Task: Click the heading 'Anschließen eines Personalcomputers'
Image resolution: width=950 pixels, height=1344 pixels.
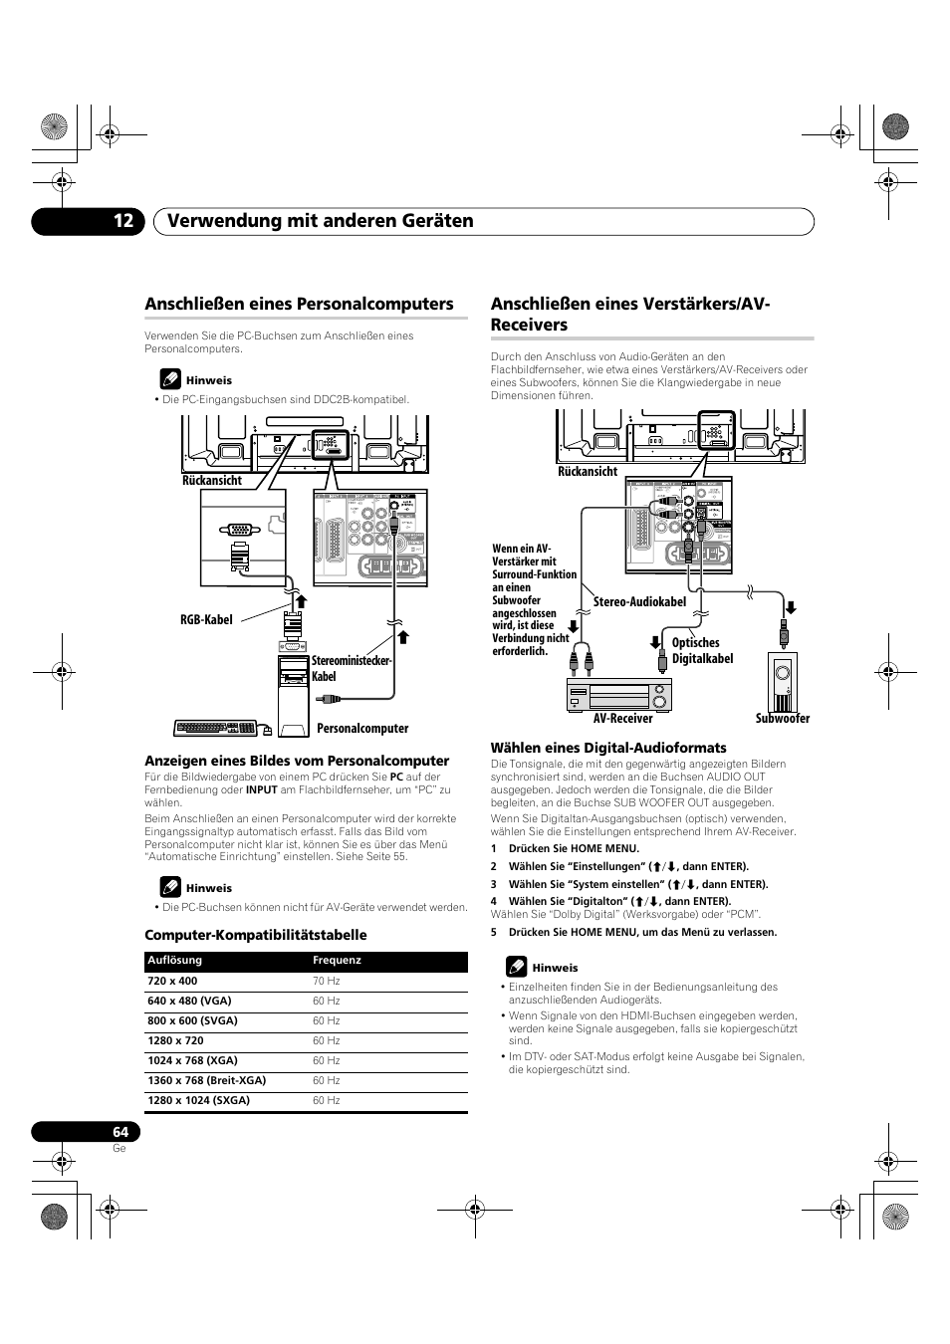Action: pos(299,304)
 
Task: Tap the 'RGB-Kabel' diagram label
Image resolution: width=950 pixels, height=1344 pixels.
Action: pos(206,619)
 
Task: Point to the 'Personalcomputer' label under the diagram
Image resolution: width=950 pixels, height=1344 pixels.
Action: pos(362,729)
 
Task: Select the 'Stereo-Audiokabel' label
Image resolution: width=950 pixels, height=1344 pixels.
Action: pos(640,602)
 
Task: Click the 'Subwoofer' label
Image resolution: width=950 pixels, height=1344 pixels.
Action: pos(782,719)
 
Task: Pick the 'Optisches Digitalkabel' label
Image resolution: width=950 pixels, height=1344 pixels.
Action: pos(702,651)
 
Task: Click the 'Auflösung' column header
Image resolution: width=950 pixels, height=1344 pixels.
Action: pos(175,961)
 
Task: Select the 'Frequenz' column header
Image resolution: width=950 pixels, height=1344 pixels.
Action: pos(337,961)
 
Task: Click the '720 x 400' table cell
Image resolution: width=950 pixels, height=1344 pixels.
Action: pos(172,982)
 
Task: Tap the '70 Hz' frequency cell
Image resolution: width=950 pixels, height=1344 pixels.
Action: pos(327,982)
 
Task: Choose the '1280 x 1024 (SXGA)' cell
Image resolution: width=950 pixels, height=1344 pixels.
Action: pos(198,1101)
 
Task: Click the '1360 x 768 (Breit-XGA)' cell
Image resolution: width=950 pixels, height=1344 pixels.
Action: pos(207,1081)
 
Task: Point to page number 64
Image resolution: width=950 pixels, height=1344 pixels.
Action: pos(119,1132)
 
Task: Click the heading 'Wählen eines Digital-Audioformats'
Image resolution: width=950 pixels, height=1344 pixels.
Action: pos(608,748)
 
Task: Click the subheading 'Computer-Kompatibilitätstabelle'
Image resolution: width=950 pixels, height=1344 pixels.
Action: pos(256,935)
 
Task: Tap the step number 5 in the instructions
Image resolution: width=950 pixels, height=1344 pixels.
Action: pos(493,933)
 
